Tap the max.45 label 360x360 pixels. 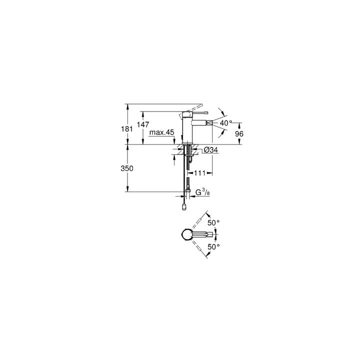162,132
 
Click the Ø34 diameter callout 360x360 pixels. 209,149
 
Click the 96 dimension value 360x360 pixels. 239,134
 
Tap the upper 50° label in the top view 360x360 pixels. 213,222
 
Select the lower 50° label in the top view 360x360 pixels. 213,246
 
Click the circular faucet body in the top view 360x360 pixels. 187,234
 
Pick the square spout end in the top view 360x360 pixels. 212,234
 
